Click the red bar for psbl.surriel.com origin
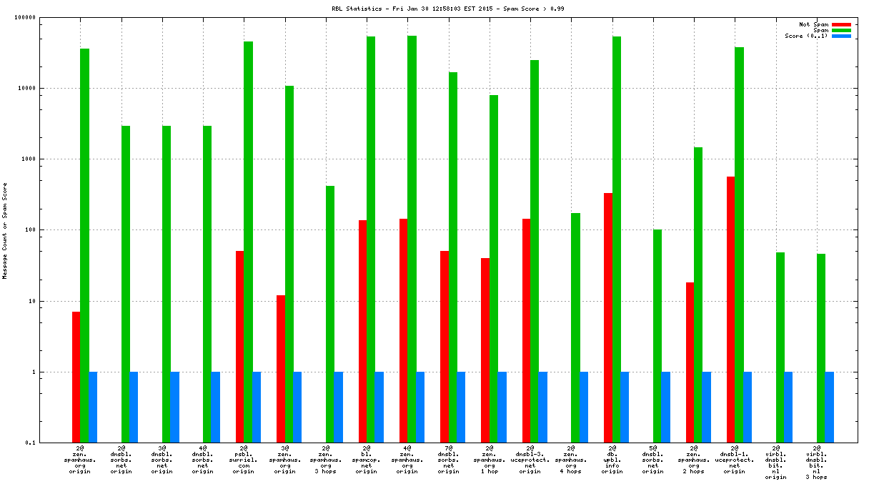pyautogui.click(x=240, y=347)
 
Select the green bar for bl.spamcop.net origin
pyautogui.click(x=371, y=239)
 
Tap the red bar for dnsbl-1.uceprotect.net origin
pyautogui.click(x=731, y=310)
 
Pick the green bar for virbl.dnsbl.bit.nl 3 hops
pyautogui.click(x=821, y=348)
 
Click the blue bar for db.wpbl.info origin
pyautogui.click(x=625, y=407)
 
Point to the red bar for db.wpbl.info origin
pyautogui.click(x=608, y=317)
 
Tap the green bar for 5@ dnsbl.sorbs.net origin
pyautogui.click(x=657, y=336)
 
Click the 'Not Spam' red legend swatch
pyautogui.click(x=841, y=24)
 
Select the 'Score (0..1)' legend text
pyautogui.click(x=806, y=36)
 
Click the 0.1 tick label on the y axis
pyautogui.click(x=51, y=443)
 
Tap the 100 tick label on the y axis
pyautogui.click(x=49, y=230)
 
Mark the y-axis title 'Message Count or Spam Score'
pyautogui.click(x=5, y=230)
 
